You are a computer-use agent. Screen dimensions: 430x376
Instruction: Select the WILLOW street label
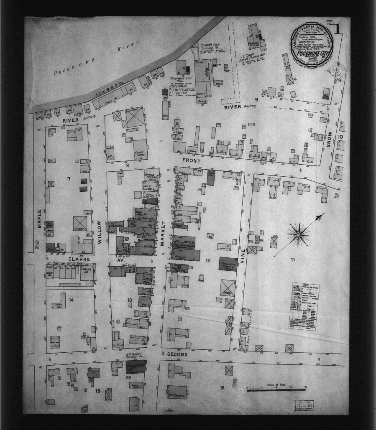click(x=100, y=232)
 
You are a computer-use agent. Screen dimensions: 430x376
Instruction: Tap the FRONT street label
click(x=192, y=160)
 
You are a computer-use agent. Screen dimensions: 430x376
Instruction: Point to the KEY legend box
click(x=306, y=306)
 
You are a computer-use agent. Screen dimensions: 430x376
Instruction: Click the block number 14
click(x=71, y=300)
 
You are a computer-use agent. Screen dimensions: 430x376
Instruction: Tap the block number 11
click(x=293, y=260)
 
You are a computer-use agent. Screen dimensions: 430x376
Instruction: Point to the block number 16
click(x=222, y=388)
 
